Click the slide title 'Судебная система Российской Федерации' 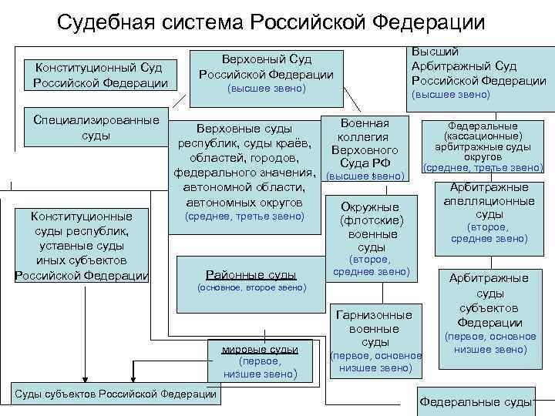(x=271, y=22)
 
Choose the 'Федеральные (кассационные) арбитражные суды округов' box (x=483, y=146)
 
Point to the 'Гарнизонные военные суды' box (x=375, y=340)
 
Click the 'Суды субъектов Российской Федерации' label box (x=115, y=394)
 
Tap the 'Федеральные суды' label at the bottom (x=476, y=402)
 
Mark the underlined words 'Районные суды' (x=251, y=274)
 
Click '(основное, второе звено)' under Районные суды (x=251, y=287)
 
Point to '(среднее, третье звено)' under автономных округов (x=244, y=217)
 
